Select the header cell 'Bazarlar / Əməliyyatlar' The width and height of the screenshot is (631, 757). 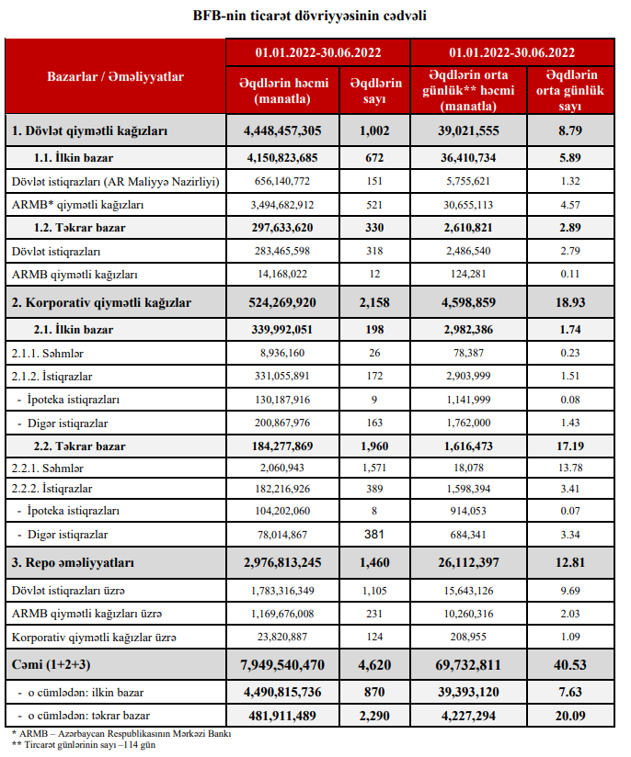click(x=116, y=76)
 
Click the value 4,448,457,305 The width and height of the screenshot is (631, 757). click(x=282, y=131)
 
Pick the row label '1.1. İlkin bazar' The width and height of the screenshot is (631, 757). click(x=74, y=158)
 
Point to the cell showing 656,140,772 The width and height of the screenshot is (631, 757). click(x=282, y=182)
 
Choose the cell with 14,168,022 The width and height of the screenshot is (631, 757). click(x=282, y=274)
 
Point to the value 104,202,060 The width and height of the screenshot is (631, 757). click(x=282, y=511)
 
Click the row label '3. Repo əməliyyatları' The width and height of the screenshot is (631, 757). click(x=74, y=562)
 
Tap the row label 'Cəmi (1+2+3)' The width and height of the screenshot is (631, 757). click(x=52, y=664)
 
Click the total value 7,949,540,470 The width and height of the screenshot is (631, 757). click(x=282, y=664)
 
